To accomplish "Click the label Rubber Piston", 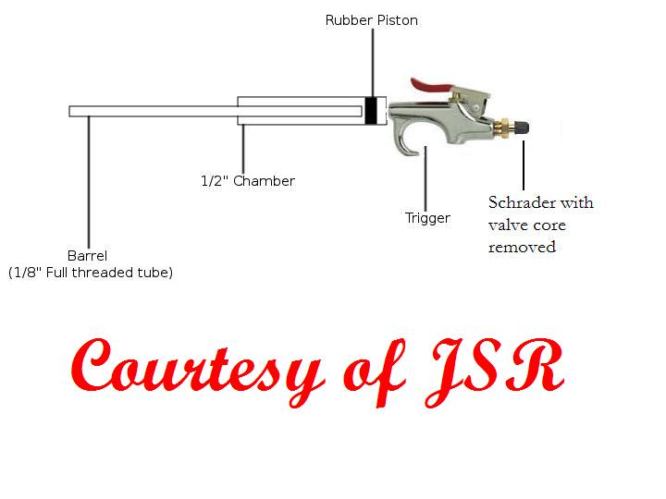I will pos(371,19).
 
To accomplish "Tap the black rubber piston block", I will pos(372,111).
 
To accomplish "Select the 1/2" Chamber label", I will pos(248,181).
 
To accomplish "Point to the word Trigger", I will pos(427,218).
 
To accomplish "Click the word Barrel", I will pos(89,255).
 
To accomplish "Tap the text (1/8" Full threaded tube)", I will pos(91,273).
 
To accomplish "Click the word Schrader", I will pos(521,202).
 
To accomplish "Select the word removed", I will pos(522,247).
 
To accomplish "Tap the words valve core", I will pos(526,225).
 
